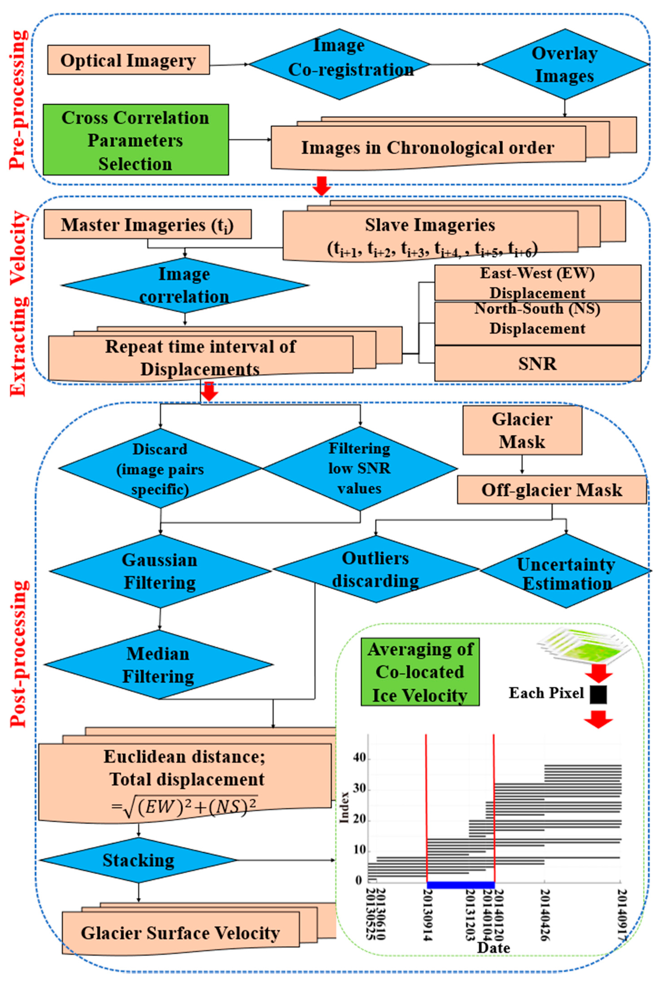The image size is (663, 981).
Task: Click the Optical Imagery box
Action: [x=128, y=60]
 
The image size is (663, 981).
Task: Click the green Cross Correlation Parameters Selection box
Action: [x=136, y=140]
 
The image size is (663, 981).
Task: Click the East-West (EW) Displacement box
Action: [x=538, y=282]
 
